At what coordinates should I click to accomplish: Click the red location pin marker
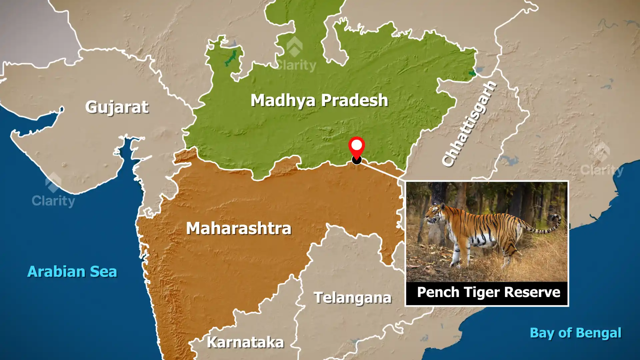click(x=356, y=147)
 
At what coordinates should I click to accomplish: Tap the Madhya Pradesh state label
click(x=319, y=100)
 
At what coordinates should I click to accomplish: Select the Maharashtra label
click(x=239, y=229)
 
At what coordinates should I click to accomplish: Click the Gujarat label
click(x=117, y=107)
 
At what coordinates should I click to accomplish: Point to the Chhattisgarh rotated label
click(x=469, y=124)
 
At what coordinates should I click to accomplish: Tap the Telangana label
click(x=352, y=298)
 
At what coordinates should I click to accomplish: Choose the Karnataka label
click(x=245, y=342)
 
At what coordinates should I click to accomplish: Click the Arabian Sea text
click(x=72, y=272)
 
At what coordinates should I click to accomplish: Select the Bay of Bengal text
click(x=575, y=333)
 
